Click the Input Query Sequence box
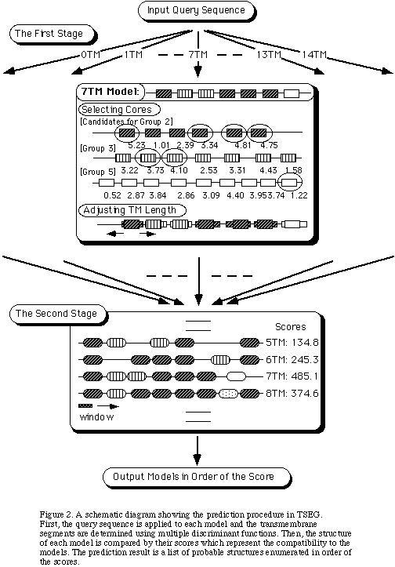coord(196,10)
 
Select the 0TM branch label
coord(91,55)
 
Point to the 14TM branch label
coord(314,55)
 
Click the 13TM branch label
coord(269,55)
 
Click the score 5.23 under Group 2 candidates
coord(136,145)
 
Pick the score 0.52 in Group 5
coord(112,195)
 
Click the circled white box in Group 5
coord(291,183)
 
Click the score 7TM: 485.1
coord(292,376)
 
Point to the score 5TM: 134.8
coord(292,343)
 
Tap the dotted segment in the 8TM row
coord(229,394)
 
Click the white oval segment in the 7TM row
coord(236,376)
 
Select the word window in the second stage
coord(96,417)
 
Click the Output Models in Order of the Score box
coord(197,478)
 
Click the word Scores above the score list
coord(291,327)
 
